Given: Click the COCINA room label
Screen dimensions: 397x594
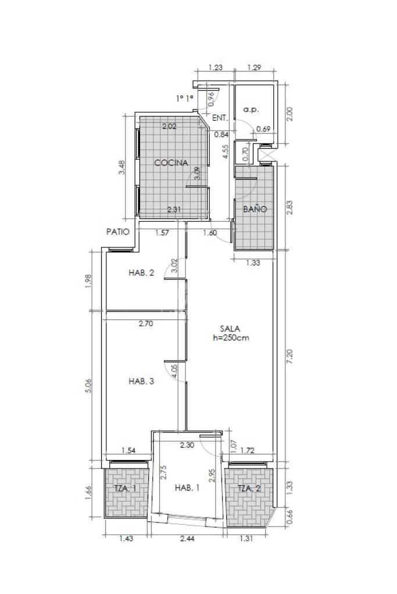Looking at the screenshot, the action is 171,163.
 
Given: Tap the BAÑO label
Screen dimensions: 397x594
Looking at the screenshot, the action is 255,209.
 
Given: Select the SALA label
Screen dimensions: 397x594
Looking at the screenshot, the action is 230,329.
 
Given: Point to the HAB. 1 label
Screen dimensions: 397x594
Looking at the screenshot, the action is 187,488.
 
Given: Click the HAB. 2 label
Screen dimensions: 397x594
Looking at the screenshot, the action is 141,273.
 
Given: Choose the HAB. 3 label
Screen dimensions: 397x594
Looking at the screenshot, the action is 141,381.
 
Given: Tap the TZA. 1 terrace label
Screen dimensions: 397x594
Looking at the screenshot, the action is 126,489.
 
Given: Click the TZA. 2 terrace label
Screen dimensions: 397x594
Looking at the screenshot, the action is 249,489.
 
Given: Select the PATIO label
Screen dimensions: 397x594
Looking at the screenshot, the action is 118,232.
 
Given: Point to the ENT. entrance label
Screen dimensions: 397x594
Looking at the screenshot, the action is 220,118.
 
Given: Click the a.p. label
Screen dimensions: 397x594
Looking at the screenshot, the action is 251,110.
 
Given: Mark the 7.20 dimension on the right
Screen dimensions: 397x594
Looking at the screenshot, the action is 290,357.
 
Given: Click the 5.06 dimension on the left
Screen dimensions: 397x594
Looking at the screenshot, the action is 89,386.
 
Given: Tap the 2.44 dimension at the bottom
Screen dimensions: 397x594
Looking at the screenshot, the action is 187,538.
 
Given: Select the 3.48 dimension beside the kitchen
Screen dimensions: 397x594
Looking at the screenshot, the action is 121,167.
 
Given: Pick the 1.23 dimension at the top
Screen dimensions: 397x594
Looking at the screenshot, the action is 216,68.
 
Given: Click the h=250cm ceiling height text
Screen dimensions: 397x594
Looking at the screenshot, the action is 231,338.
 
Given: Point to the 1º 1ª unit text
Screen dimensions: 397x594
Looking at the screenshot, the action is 185,99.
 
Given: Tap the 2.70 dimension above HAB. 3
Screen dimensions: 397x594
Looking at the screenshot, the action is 145,323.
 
